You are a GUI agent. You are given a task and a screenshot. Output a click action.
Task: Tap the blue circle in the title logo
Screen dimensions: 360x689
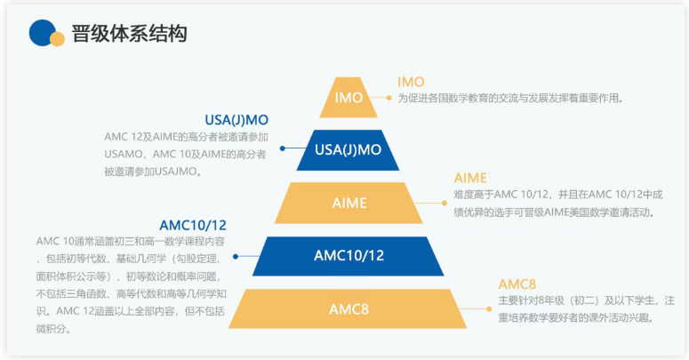pos(41,32)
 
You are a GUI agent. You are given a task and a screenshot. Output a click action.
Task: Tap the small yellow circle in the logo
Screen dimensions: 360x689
pos(57,38)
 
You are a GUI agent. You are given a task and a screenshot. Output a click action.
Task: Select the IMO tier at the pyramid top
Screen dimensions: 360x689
pos(349,98)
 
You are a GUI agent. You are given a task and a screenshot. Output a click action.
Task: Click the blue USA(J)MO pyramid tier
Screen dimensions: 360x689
pos(349,149)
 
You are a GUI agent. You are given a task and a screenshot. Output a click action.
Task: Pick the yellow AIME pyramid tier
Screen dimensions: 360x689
pos(349,203)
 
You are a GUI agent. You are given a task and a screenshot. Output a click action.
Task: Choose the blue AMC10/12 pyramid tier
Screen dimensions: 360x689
pos(349,256)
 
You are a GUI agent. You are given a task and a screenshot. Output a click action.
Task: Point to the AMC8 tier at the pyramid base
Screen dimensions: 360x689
pos(349,309)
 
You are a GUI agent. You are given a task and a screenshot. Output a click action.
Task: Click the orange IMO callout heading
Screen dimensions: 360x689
pos(411,82)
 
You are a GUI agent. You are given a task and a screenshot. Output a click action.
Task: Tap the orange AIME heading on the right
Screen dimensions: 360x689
pos(470,178)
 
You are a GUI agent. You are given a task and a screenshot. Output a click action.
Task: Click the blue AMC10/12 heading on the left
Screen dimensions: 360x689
pos(193,225)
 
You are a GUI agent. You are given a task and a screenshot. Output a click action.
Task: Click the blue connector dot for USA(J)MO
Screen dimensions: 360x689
pos(283,148)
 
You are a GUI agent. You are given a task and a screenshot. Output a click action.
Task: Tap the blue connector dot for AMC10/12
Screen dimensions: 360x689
pos(236,256)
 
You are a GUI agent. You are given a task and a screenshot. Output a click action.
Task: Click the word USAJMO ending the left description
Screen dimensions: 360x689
pos(174,170)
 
